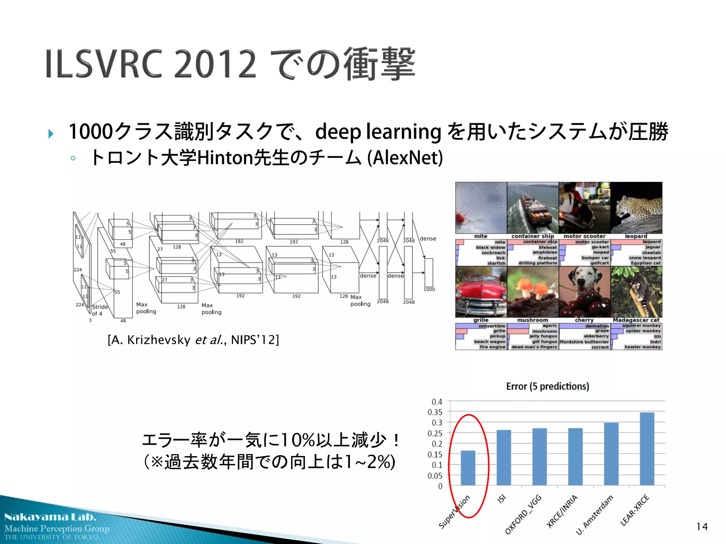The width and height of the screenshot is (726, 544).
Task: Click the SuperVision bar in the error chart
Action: pos(468,468)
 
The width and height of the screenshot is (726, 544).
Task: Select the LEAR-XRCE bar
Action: pos(647,449)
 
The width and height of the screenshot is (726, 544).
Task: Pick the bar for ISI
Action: pos(504,458)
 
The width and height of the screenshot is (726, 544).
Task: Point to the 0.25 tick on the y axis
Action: pos(435,433)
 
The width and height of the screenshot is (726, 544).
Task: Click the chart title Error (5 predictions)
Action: pos(548,386)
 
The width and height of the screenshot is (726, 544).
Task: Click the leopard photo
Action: pos(636,208)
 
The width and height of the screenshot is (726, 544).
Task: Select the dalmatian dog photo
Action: pos(585,292)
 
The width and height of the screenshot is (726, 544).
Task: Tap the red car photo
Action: pos(481,292)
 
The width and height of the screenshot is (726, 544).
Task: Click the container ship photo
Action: pos(533,208)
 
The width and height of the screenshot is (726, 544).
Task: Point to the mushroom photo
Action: pos(533,292)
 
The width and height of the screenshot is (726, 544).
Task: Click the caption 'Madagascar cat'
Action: pos(636,320)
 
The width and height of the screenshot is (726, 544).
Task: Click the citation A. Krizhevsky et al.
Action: pos(193,340)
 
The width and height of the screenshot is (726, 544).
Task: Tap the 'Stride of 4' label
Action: pos(99,310)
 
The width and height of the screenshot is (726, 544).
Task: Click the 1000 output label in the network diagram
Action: pos(429,289)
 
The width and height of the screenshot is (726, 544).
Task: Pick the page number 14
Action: pos(702,527)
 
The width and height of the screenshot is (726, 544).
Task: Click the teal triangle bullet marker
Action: pos(51,134)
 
